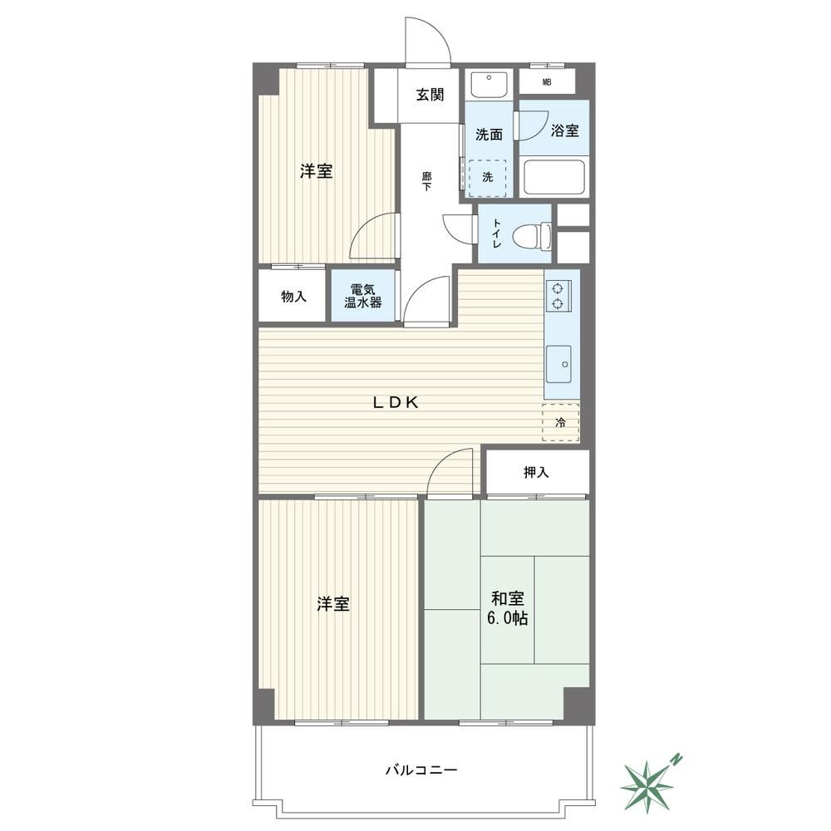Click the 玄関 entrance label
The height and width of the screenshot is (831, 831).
[430, 95]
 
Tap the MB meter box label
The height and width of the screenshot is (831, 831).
[547, 82]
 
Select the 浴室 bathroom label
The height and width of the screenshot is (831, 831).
[564, 130]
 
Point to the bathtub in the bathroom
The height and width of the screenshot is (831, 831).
[553, 178]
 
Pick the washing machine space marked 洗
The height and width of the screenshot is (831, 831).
[487, 178]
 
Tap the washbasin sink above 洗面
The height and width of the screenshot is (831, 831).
[489, 84]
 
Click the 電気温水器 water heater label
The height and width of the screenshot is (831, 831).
[363, 297]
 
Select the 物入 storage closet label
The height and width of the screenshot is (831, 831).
[293, 297]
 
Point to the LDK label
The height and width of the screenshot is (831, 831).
[396, 403]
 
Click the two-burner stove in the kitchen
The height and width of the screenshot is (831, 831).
[558, 296]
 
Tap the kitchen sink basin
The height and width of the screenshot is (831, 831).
[558, 364]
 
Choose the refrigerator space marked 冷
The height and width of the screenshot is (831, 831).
[560, 422]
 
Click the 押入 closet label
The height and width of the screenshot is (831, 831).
[536, 472]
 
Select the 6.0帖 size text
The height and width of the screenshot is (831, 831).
[507, 618]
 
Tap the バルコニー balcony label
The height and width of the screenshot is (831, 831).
[421, 770]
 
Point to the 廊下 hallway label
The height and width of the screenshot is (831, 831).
[426, 181]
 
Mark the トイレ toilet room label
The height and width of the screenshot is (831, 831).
[497, 234]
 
